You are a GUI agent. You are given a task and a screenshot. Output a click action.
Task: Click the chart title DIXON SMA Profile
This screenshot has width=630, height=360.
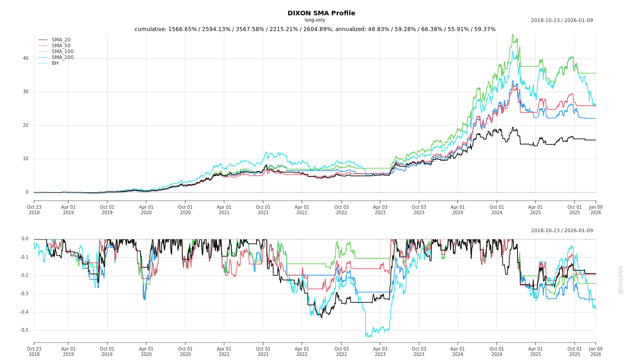(x=321, y=13)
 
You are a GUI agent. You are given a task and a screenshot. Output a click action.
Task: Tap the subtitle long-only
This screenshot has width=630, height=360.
(x=315, y=20)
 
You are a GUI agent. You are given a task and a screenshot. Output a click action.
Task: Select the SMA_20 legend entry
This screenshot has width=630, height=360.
(x=61, y=40)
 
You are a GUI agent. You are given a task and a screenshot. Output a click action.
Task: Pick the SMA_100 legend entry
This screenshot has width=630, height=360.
(x=63, y=52)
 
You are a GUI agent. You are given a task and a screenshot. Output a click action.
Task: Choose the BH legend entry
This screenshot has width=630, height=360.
(x=55, y=63)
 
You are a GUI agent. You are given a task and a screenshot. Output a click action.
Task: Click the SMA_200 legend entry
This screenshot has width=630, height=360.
(x=63, y=58)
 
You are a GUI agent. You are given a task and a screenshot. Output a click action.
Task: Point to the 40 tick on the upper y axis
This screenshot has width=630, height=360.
(x=26, y=58)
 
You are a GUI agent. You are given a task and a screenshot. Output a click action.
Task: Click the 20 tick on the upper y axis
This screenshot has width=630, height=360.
(x=26, y=126)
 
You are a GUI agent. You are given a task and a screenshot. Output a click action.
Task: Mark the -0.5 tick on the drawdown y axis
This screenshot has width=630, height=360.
(x=24, y=330)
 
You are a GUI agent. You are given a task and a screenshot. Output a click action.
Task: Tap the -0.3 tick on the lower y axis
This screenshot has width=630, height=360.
(x=24, y=294)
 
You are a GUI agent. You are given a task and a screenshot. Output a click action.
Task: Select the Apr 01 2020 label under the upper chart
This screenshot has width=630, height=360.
(x=146, y=210)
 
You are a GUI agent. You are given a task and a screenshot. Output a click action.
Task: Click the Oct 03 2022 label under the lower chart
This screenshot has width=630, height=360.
(x=341, y=351)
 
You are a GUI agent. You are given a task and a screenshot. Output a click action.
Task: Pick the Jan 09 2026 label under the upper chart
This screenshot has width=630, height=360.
(x=595, y=210)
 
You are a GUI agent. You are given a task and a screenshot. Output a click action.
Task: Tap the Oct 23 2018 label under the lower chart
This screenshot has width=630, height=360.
(x=34, y=351)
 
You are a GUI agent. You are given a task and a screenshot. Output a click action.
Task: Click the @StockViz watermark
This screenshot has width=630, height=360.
(x=621, y=279)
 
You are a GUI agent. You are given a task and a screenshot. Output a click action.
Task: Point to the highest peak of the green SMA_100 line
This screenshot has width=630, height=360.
(x=512, y=35)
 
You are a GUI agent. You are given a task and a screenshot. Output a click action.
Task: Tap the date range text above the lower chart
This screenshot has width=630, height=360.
(x=562, y=231)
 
